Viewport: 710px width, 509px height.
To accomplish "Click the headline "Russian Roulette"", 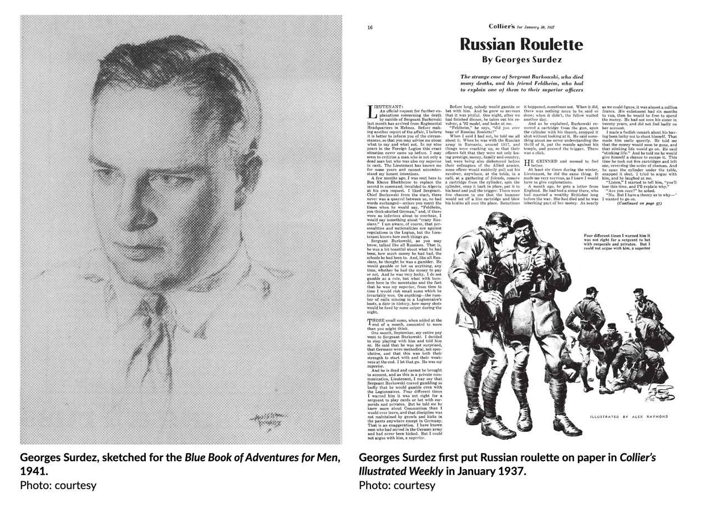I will point(521,44).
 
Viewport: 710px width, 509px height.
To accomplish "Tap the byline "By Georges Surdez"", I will point(521,60).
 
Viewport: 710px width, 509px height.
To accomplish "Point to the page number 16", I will point(370,27).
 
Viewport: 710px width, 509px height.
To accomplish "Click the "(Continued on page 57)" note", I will point(639,203).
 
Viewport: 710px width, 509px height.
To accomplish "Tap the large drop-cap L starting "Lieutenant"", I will point(372,111).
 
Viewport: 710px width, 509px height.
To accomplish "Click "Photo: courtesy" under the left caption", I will point(58,485).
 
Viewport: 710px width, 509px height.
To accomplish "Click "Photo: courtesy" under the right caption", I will point(397,485).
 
